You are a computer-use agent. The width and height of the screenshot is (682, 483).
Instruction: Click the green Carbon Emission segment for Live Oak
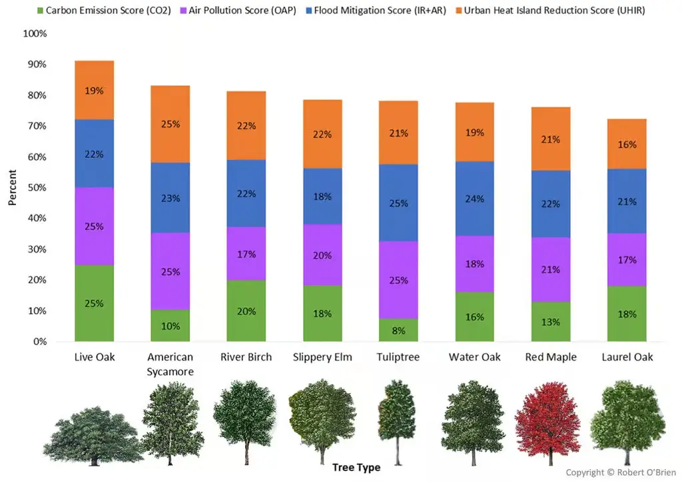pos(94,303)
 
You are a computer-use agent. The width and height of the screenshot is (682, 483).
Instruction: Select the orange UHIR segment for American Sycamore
pos(170,124)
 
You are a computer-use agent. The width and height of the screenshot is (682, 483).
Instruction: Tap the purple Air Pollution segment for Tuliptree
pos(398,280)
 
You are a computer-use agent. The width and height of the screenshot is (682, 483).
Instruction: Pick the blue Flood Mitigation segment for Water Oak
pos(474,199)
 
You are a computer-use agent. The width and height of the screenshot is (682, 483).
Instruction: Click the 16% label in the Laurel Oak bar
pos(627,145)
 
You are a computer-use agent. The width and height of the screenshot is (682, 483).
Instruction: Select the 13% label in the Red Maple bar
pos(551,322)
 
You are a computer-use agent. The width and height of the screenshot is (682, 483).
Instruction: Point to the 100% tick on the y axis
pos(35,33)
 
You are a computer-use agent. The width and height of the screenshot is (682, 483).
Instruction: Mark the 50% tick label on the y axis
pos(37,188)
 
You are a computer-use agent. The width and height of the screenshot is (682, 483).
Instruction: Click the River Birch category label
pos(246,357)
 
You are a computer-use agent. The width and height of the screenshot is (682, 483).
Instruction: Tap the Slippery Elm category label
pos(322,357)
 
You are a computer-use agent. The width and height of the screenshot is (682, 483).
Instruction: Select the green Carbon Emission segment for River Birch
pos(246,310)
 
